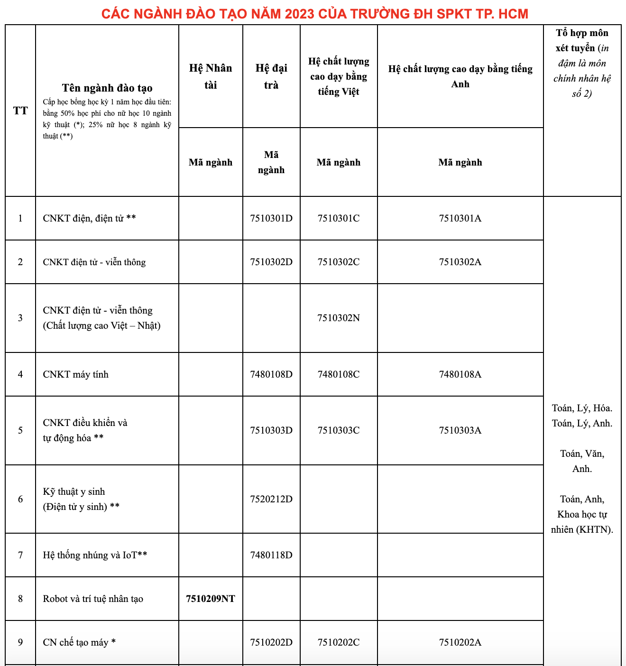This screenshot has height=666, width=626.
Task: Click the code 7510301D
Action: coord(271,218)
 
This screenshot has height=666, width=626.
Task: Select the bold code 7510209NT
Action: coord(211,599)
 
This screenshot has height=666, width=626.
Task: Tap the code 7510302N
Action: coord(339,318)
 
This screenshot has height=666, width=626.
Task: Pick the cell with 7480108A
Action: coord(460,374)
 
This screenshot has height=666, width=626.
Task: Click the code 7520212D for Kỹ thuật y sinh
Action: coord(271,499)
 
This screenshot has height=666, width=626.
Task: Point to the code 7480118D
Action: coord(271,555)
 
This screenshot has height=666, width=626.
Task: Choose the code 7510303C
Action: coord(339,430)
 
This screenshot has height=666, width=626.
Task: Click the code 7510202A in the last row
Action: coord(460,642)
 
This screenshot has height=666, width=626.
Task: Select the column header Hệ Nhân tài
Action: coord(211,76)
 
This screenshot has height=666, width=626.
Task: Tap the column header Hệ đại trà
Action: coord(271,76)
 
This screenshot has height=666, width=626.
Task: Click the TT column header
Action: coord(20,111)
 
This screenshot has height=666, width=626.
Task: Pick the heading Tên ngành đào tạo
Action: coord(107,88)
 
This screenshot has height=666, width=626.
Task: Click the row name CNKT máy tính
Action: coord(76,374)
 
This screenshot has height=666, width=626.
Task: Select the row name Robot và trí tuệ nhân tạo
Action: coord(93,599)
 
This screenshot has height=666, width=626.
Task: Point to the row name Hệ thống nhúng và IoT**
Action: coord(95,555)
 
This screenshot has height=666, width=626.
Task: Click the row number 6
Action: coord(20,499)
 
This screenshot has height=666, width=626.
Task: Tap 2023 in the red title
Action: coord(300,13)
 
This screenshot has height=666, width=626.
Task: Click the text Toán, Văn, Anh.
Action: coord(582,461)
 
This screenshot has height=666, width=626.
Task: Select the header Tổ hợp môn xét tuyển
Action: coord(582,40)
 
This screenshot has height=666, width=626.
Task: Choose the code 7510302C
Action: coord(339,262)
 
